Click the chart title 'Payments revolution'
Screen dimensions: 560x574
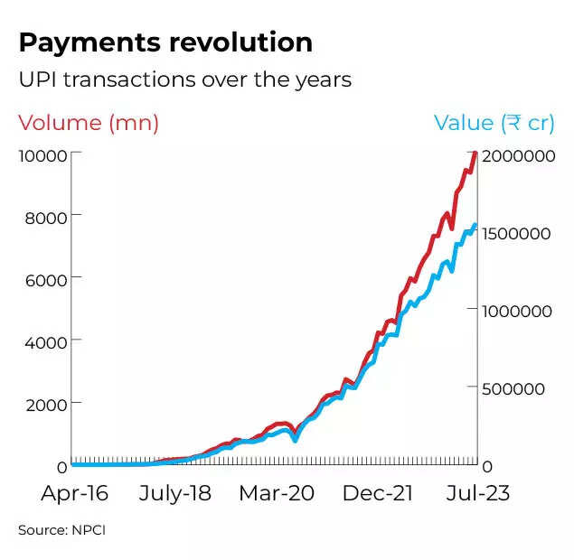pos(165,42)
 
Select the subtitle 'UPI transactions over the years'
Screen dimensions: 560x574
pos(184,79)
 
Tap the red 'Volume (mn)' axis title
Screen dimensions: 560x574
pos(89,123)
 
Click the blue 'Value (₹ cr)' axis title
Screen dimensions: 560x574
pos(494,123)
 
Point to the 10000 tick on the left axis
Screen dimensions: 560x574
pos(42,154)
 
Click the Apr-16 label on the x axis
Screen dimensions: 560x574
pos(75,493)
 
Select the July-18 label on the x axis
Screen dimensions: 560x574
pos(177,493)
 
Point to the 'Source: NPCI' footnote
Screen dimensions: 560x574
pos(61,530)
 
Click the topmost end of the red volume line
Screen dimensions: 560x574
pos(475,154)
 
